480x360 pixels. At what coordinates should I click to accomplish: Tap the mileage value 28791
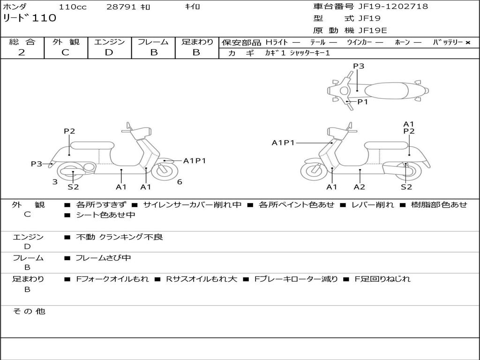click(x=122, y=7)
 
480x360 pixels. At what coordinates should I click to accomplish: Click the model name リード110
click(x=30, y=18)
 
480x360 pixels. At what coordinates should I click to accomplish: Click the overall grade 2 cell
click(x=22, y=52)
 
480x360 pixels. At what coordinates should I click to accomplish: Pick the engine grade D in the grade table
click(x=109, y=52)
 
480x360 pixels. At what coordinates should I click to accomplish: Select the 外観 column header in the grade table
click(x=66, y=42)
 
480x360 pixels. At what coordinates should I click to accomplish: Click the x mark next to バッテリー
click(x=467, y=43)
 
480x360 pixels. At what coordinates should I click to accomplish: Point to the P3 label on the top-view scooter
click(x=359, y=66)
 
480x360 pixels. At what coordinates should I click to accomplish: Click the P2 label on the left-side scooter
click(x=69, y=131)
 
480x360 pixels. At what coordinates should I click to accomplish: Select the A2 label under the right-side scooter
click(x=360, y=187)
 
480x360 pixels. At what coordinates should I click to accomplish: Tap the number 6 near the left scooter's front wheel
click(x=180, y=182)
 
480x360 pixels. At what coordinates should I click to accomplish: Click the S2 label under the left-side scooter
click(x=73, y=187)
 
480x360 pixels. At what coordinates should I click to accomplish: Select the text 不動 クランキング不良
click(x=120, y=237)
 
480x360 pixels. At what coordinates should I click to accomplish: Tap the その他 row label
click(x=29, y=311)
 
